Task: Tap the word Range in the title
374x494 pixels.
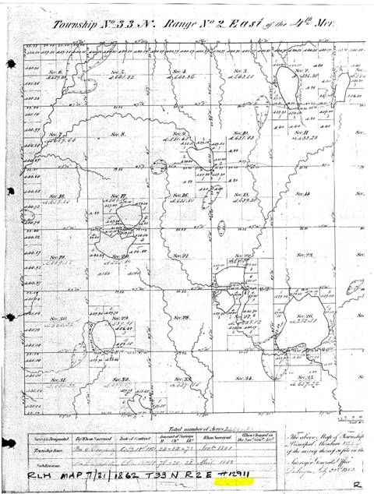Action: [x=178, y=23]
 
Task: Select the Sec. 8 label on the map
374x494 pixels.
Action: [x=118, y=134]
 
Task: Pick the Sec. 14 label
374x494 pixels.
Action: [x=302, y=193]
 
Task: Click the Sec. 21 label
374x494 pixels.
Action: [x=180, y=256]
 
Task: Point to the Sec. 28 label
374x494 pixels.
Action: [x=182, y=317]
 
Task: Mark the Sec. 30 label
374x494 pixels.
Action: [x=57, y=319]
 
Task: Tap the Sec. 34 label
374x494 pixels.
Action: [x=242, y=378]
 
